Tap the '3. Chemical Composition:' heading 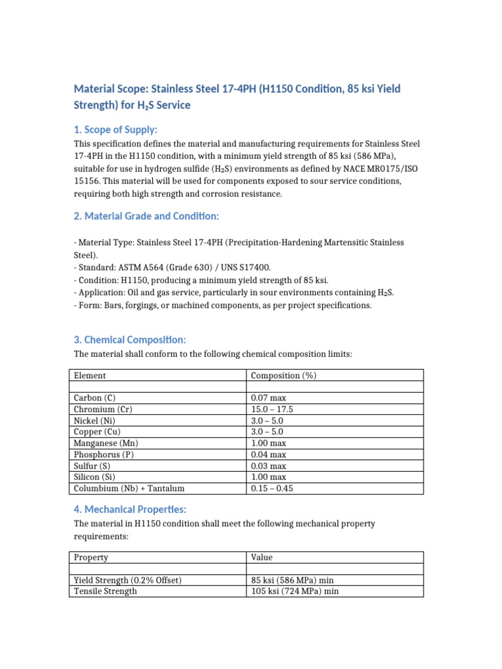pos(129,340)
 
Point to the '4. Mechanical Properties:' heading pos(131,509)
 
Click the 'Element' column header pos(90,376)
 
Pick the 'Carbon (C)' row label pos(95,398)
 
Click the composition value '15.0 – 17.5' pos(272,409)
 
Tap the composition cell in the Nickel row pos(267,421)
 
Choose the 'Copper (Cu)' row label pos(97,432)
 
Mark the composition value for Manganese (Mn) pos(269,443)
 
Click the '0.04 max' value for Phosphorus pos(269,455)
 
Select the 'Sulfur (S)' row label pos(93,466)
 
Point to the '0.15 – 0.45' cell pos(272,489)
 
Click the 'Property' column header pos(91,557)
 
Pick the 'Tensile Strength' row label pos(105,591)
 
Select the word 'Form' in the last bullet pos(88,306)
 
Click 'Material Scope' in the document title pos(110,88)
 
